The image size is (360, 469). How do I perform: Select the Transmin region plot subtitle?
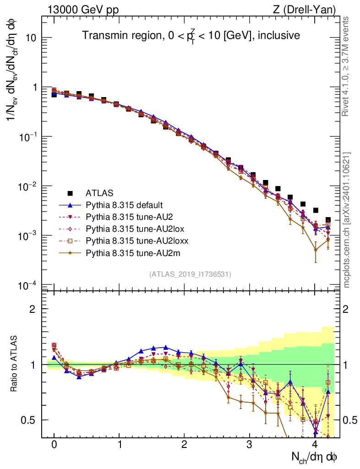point(191,35)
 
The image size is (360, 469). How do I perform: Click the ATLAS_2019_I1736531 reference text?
point(190,274)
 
